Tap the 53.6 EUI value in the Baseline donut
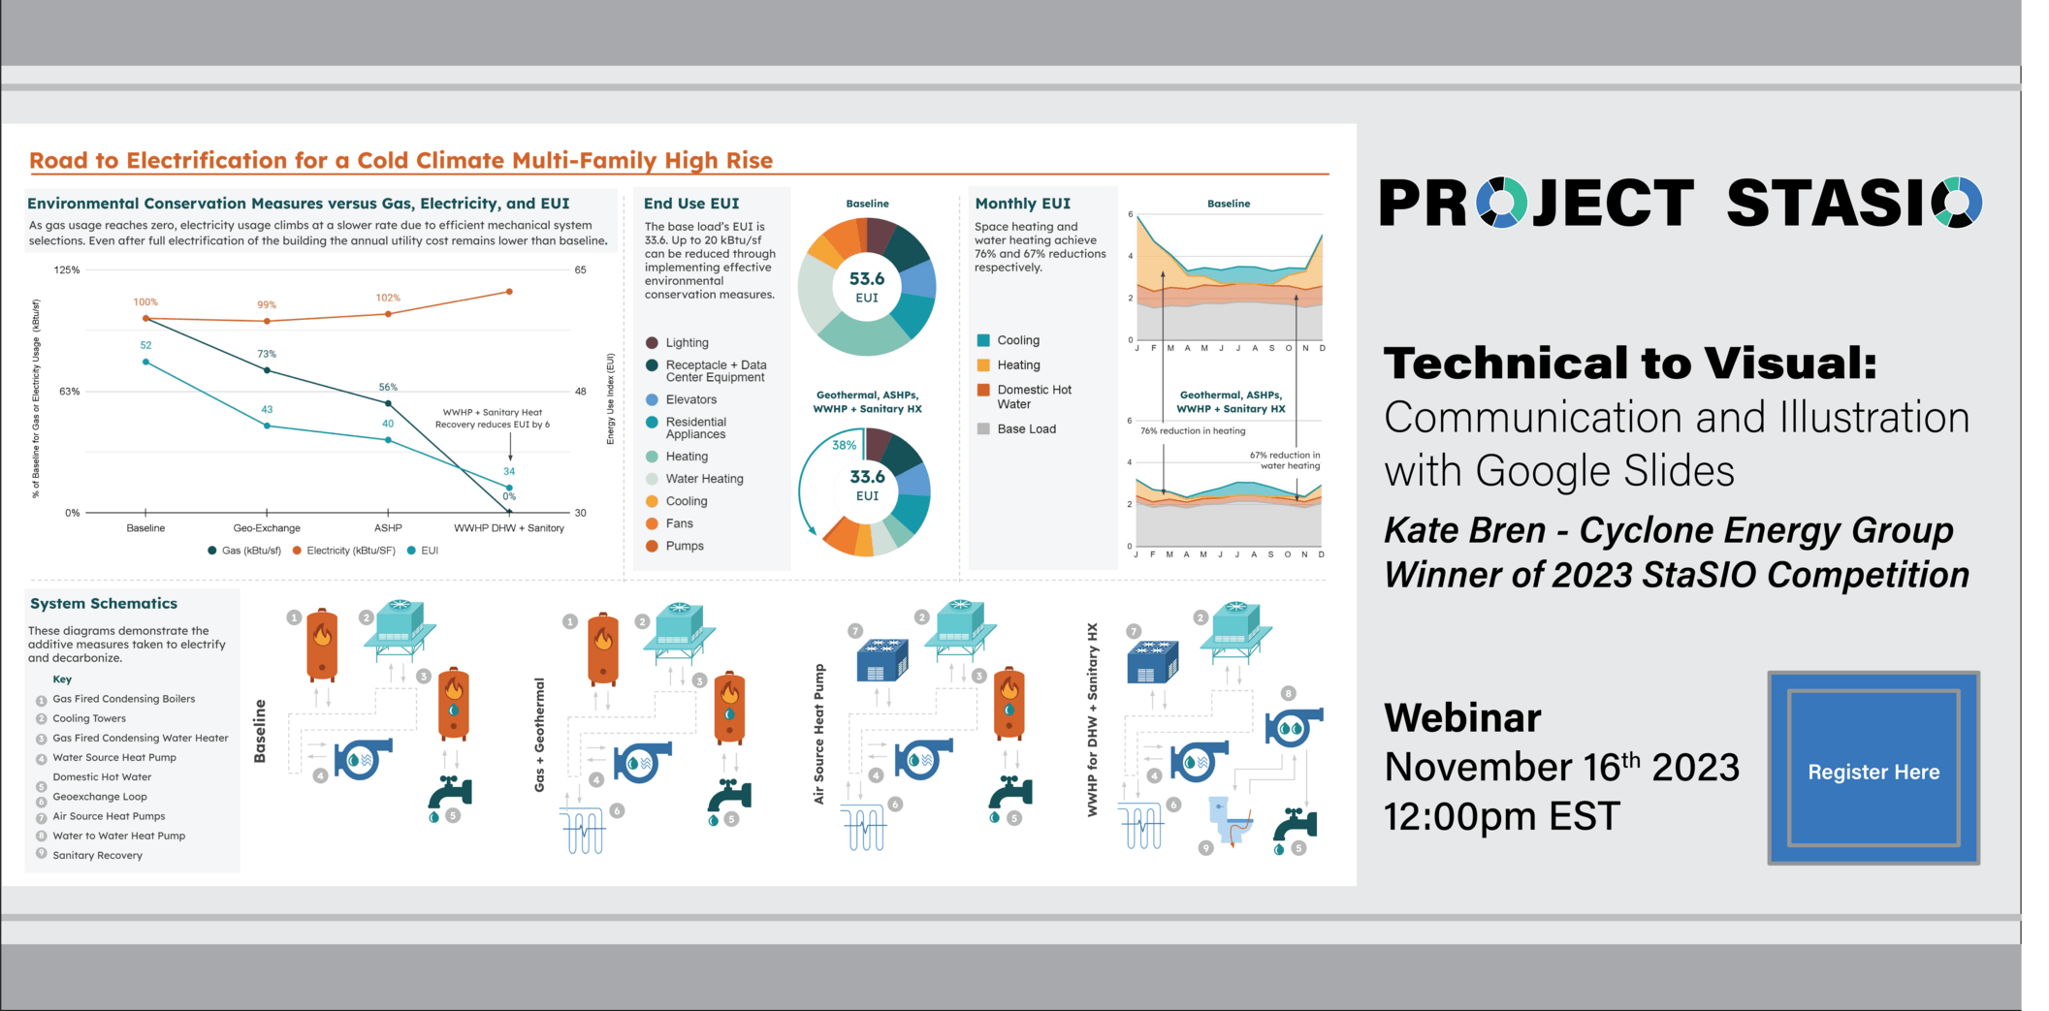(867, 287)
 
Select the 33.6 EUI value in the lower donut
(867, 485)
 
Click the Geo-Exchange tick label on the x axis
(267, 528)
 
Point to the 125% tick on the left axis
(67, 269)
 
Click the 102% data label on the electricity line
(388, 298)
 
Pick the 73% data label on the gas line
(267, 354)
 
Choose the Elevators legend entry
(681, 399)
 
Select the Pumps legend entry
(675, 546)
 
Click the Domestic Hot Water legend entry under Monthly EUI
(1025, 396)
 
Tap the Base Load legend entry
(1016, 428)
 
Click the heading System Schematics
(104, 603)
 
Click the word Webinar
(1462, 718)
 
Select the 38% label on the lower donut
(844, 446)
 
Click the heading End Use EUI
(691, 204)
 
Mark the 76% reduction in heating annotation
(1193, 430)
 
